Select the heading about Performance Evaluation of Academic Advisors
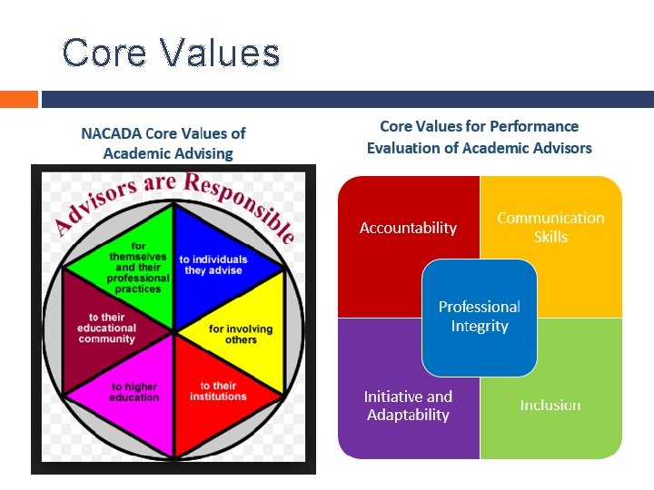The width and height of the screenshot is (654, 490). (479, 137)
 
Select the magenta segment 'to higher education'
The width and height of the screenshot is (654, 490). (134, 392)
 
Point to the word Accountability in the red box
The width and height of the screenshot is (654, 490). (408, 228)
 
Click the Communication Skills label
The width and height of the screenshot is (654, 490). (550, 227)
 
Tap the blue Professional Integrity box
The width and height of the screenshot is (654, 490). (479, 317)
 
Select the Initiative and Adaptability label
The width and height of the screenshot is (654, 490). (408, 406)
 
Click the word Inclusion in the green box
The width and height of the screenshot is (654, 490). (550, 405)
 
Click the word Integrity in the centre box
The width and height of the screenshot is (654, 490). (480, 327)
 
